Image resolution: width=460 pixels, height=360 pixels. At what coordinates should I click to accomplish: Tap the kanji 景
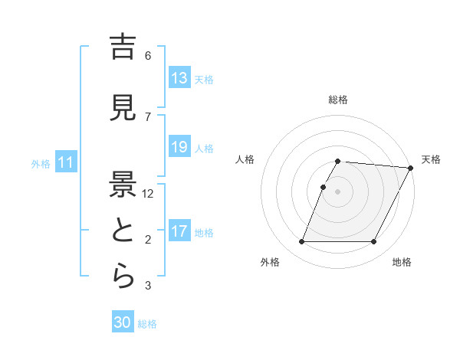(x=123, y=185)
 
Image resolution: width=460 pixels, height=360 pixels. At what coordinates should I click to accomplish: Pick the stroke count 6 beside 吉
(x=148, y=55)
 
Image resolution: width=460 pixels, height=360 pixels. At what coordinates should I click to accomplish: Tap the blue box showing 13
(x=179, y=78)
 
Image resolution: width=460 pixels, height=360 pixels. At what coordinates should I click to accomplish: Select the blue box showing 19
(x=179, y=147)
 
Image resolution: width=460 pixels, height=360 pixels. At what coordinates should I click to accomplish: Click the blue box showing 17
(x=179, y=231)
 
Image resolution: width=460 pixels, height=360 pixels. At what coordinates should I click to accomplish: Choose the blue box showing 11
(x=65, y=162)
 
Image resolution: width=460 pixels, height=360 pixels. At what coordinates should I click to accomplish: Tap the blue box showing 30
(x=123, y=322)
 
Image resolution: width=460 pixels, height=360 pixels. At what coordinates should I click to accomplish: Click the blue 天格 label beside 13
(x=204, y=79)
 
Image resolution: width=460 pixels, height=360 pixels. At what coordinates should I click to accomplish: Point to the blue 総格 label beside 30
(x=147, y=323)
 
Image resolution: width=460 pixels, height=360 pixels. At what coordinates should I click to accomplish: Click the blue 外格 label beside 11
(x=41, y=163)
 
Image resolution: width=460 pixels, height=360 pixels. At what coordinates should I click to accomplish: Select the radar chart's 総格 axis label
(x=338, y=100)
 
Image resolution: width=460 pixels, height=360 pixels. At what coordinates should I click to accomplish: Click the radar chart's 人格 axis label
(x=245, y=159)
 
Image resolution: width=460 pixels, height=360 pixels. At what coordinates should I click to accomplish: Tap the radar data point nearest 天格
(x=411, y=168)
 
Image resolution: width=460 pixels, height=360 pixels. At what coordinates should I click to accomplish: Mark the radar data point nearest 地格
(x=374, y=242)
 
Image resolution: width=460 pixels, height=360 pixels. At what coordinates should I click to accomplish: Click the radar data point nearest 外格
(x=302, y=242)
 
